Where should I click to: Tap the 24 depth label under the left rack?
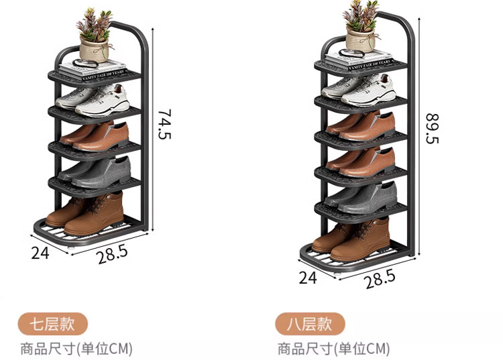coord(40,253)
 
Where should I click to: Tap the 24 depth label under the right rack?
coord(308,277)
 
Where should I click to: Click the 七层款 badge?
coord(52,324)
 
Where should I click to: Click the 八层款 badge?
coord(309,324)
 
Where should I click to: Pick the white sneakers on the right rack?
coord(360,89)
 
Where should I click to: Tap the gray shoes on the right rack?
coord(363,196)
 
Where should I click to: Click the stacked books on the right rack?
coord(359,60)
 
